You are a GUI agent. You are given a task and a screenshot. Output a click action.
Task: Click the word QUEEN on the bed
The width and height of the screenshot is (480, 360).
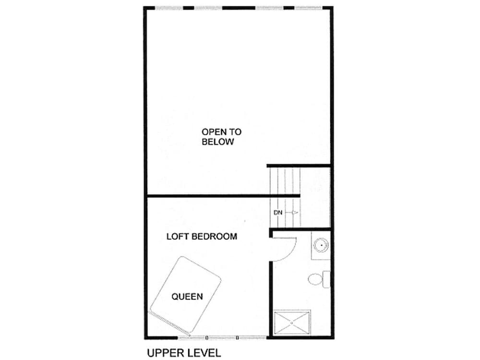187,296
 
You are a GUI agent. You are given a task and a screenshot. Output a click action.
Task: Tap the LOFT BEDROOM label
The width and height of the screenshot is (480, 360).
202,236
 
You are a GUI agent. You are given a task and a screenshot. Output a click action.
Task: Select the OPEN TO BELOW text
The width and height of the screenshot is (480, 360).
221,136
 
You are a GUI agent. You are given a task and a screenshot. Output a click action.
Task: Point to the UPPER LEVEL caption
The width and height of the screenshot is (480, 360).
184,353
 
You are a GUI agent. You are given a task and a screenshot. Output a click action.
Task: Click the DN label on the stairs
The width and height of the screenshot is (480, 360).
278,213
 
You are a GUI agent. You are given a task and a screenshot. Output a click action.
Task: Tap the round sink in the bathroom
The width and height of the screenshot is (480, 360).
321,245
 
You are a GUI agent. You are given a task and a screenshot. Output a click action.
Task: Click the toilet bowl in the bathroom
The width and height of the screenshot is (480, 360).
315,279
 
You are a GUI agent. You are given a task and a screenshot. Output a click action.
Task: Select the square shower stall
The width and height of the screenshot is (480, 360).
292,323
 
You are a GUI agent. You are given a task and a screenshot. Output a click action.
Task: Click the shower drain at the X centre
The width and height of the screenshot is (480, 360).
292,323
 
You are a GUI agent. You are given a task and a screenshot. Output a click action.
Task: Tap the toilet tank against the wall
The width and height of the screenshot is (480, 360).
326,279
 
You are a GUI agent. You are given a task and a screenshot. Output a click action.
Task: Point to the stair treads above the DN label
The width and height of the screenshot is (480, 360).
285,181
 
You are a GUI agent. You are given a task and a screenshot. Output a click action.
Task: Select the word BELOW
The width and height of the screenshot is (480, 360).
217,142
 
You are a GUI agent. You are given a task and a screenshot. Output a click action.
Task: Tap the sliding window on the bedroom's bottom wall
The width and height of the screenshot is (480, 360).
222,337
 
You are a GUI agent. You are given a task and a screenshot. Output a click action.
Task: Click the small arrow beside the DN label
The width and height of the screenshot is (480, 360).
294,212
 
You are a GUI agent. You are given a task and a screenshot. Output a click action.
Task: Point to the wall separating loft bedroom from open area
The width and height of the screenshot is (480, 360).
223,195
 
